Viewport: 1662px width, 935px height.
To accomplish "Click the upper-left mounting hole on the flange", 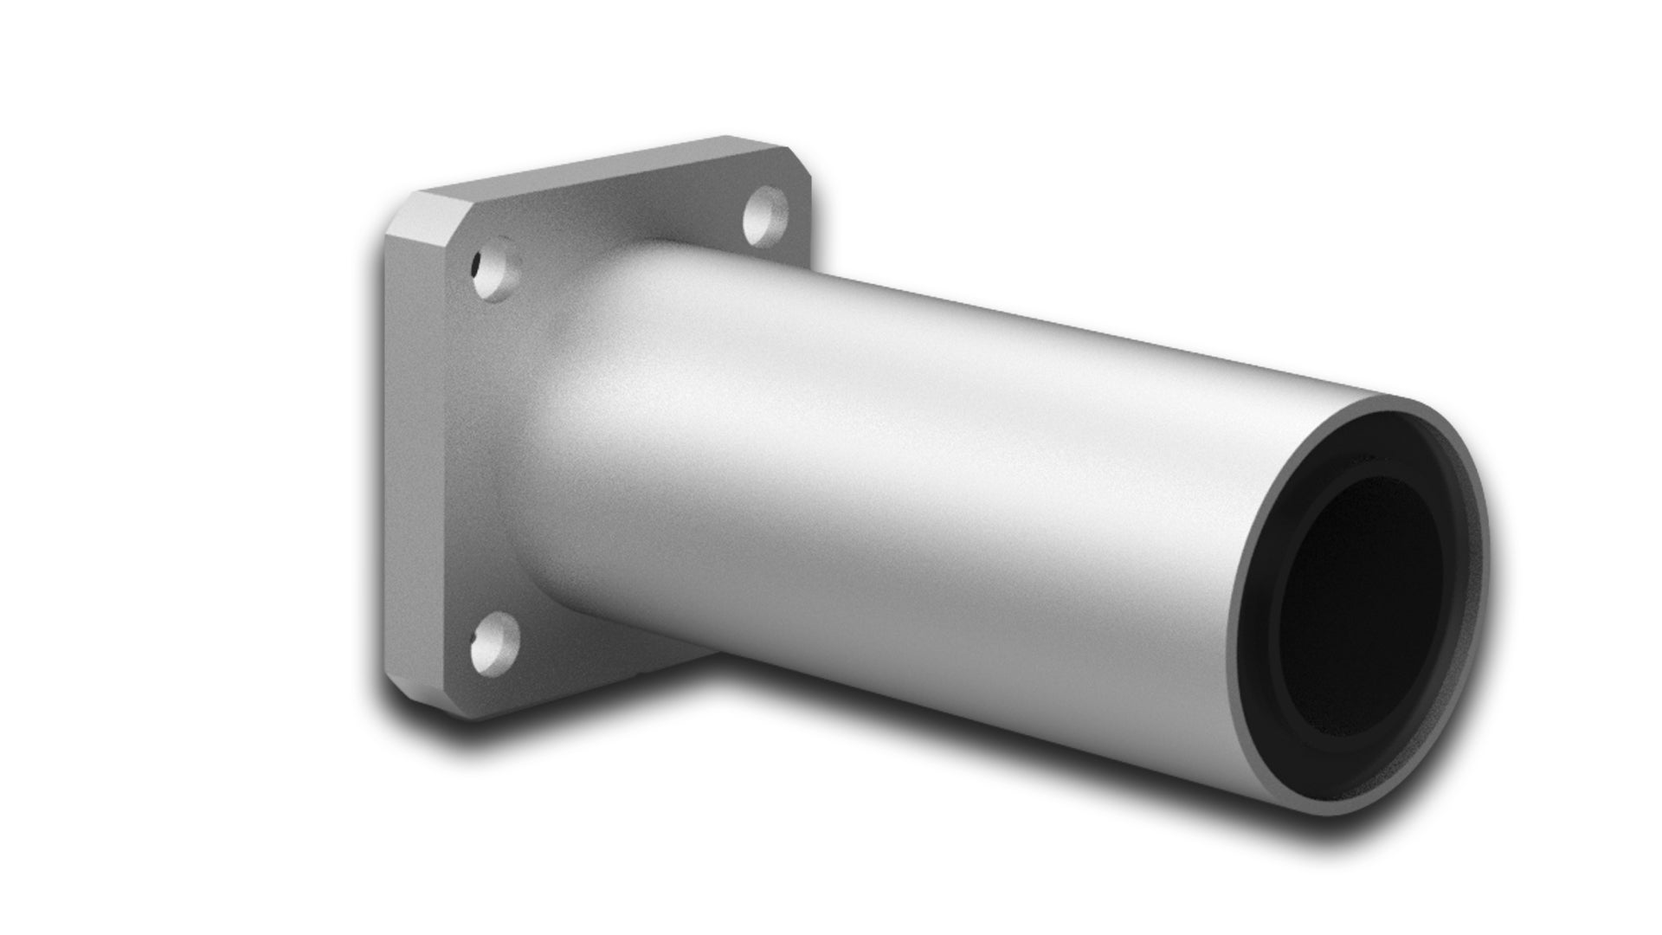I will click(x=497, y=270).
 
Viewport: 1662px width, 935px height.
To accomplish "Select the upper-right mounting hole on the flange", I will click(x=765, y=214).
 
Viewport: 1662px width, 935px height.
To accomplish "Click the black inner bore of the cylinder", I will click(x=1359, y=606).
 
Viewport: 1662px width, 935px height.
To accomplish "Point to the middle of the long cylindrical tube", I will click(x=909, y=485).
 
